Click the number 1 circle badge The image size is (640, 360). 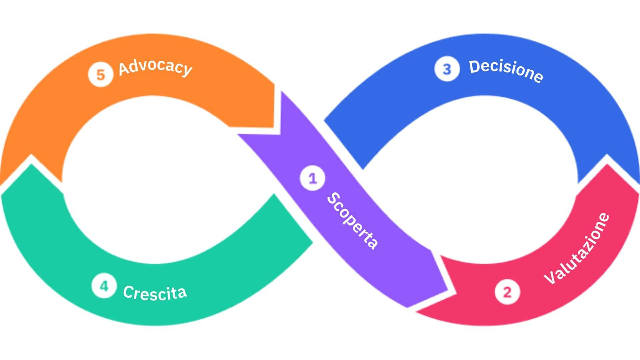coord(312,179)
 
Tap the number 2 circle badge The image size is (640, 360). coord(507,292)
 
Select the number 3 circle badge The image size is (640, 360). coord(447,69)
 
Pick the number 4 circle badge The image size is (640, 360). coord(104,286)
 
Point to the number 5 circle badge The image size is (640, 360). coord(100,75)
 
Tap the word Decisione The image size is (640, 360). coord(506,71)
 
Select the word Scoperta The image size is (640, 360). coord(353,221)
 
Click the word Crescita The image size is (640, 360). coord(155,293)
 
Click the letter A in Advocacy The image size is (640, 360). coord(125,69)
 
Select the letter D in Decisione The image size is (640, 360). coord(475,66)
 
